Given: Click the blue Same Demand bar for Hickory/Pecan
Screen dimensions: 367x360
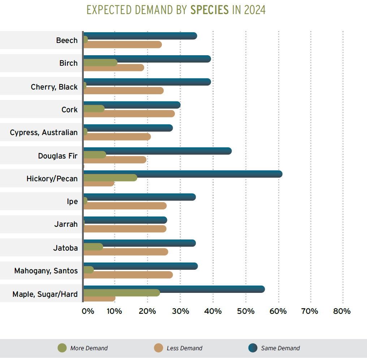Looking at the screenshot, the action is point(183,174).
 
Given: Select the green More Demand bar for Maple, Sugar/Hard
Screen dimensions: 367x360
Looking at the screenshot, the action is point(122,293).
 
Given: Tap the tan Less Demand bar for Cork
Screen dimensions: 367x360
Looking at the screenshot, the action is point(129,114).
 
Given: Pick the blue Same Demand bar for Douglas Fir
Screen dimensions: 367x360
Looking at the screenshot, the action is point(157,151).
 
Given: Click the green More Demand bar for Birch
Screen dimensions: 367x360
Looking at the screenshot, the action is point(100,62).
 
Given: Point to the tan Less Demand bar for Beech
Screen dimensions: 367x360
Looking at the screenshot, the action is point(123,44).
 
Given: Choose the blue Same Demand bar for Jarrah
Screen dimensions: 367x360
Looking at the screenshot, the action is point(125,220).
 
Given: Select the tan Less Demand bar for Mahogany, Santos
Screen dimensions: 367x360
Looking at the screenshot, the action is point(128,275).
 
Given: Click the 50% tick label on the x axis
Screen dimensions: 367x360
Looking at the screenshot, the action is point(246,311).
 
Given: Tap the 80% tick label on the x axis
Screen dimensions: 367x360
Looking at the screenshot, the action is point(342,311).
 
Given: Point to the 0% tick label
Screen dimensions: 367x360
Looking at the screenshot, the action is point(88,311).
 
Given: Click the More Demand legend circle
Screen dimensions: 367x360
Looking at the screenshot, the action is point(62,348).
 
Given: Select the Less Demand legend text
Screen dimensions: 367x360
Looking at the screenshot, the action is point(185,348).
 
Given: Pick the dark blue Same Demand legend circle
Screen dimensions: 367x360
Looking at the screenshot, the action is point(253,348).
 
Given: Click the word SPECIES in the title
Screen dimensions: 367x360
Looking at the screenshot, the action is point(210,10).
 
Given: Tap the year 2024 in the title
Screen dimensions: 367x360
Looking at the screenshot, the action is point(255,10).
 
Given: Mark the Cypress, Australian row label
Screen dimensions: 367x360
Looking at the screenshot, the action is point(44,133).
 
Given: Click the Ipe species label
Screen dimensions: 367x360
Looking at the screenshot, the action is point(72,201).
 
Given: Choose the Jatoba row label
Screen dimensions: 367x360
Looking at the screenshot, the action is point(65,248).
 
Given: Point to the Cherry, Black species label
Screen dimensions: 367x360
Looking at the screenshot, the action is point(54,87).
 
